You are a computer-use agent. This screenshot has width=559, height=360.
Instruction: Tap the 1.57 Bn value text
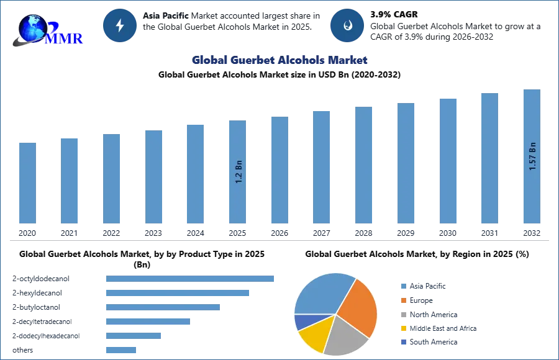[532, 156]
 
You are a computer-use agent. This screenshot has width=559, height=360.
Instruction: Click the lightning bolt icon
[120, 25]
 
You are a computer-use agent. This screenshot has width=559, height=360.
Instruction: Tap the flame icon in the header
[347, 25]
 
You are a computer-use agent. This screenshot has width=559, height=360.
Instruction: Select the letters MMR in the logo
[64, 39]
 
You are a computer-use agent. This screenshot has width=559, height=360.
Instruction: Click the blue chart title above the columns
[278, 60]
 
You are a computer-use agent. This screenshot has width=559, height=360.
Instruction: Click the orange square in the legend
[402, 300]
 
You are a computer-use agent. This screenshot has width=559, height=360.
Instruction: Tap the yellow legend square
[402, 327]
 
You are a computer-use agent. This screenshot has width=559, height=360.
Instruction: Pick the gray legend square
[402, 313]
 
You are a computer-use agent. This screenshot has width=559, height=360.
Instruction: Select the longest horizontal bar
[191, 278]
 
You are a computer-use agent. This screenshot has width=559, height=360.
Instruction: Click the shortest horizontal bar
[121, 350]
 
